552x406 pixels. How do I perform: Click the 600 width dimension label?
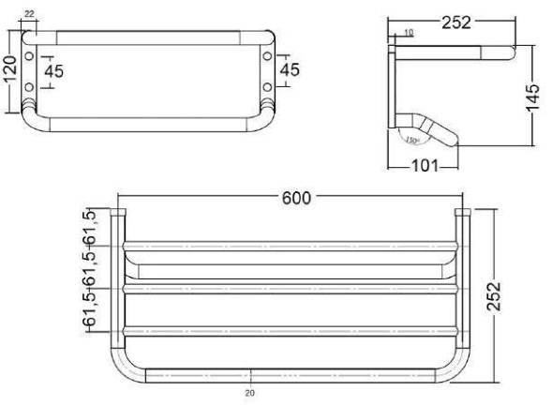pos(293,198)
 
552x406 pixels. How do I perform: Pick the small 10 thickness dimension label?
pos(407,33)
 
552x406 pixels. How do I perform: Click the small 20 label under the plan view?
pos(249,394)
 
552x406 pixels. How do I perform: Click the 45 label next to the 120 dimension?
pos(55,72)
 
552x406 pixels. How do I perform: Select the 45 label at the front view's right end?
pos(291,70)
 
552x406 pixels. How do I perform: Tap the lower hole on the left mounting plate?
pos(30,87)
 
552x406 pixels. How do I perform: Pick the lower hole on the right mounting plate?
pos(268,87)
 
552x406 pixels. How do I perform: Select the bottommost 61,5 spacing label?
pos(92,309)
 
